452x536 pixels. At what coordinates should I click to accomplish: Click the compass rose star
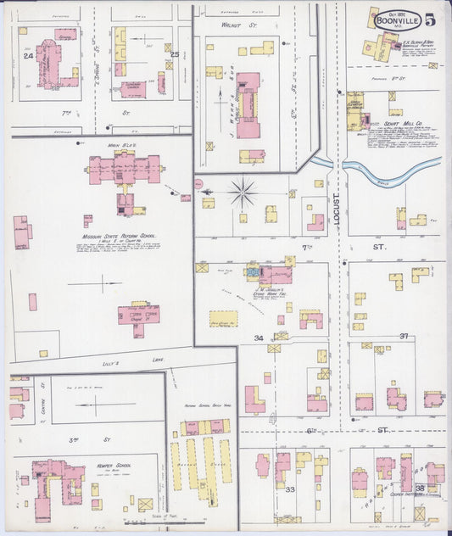(243, 193)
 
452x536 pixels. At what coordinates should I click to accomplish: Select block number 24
(28, 57)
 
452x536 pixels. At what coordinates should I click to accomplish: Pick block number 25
(175, 56)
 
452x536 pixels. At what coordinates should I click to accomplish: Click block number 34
(259, 338)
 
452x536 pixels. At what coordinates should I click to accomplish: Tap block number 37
(405, 336)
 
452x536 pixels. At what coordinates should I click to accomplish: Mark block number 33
(290, 489)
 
